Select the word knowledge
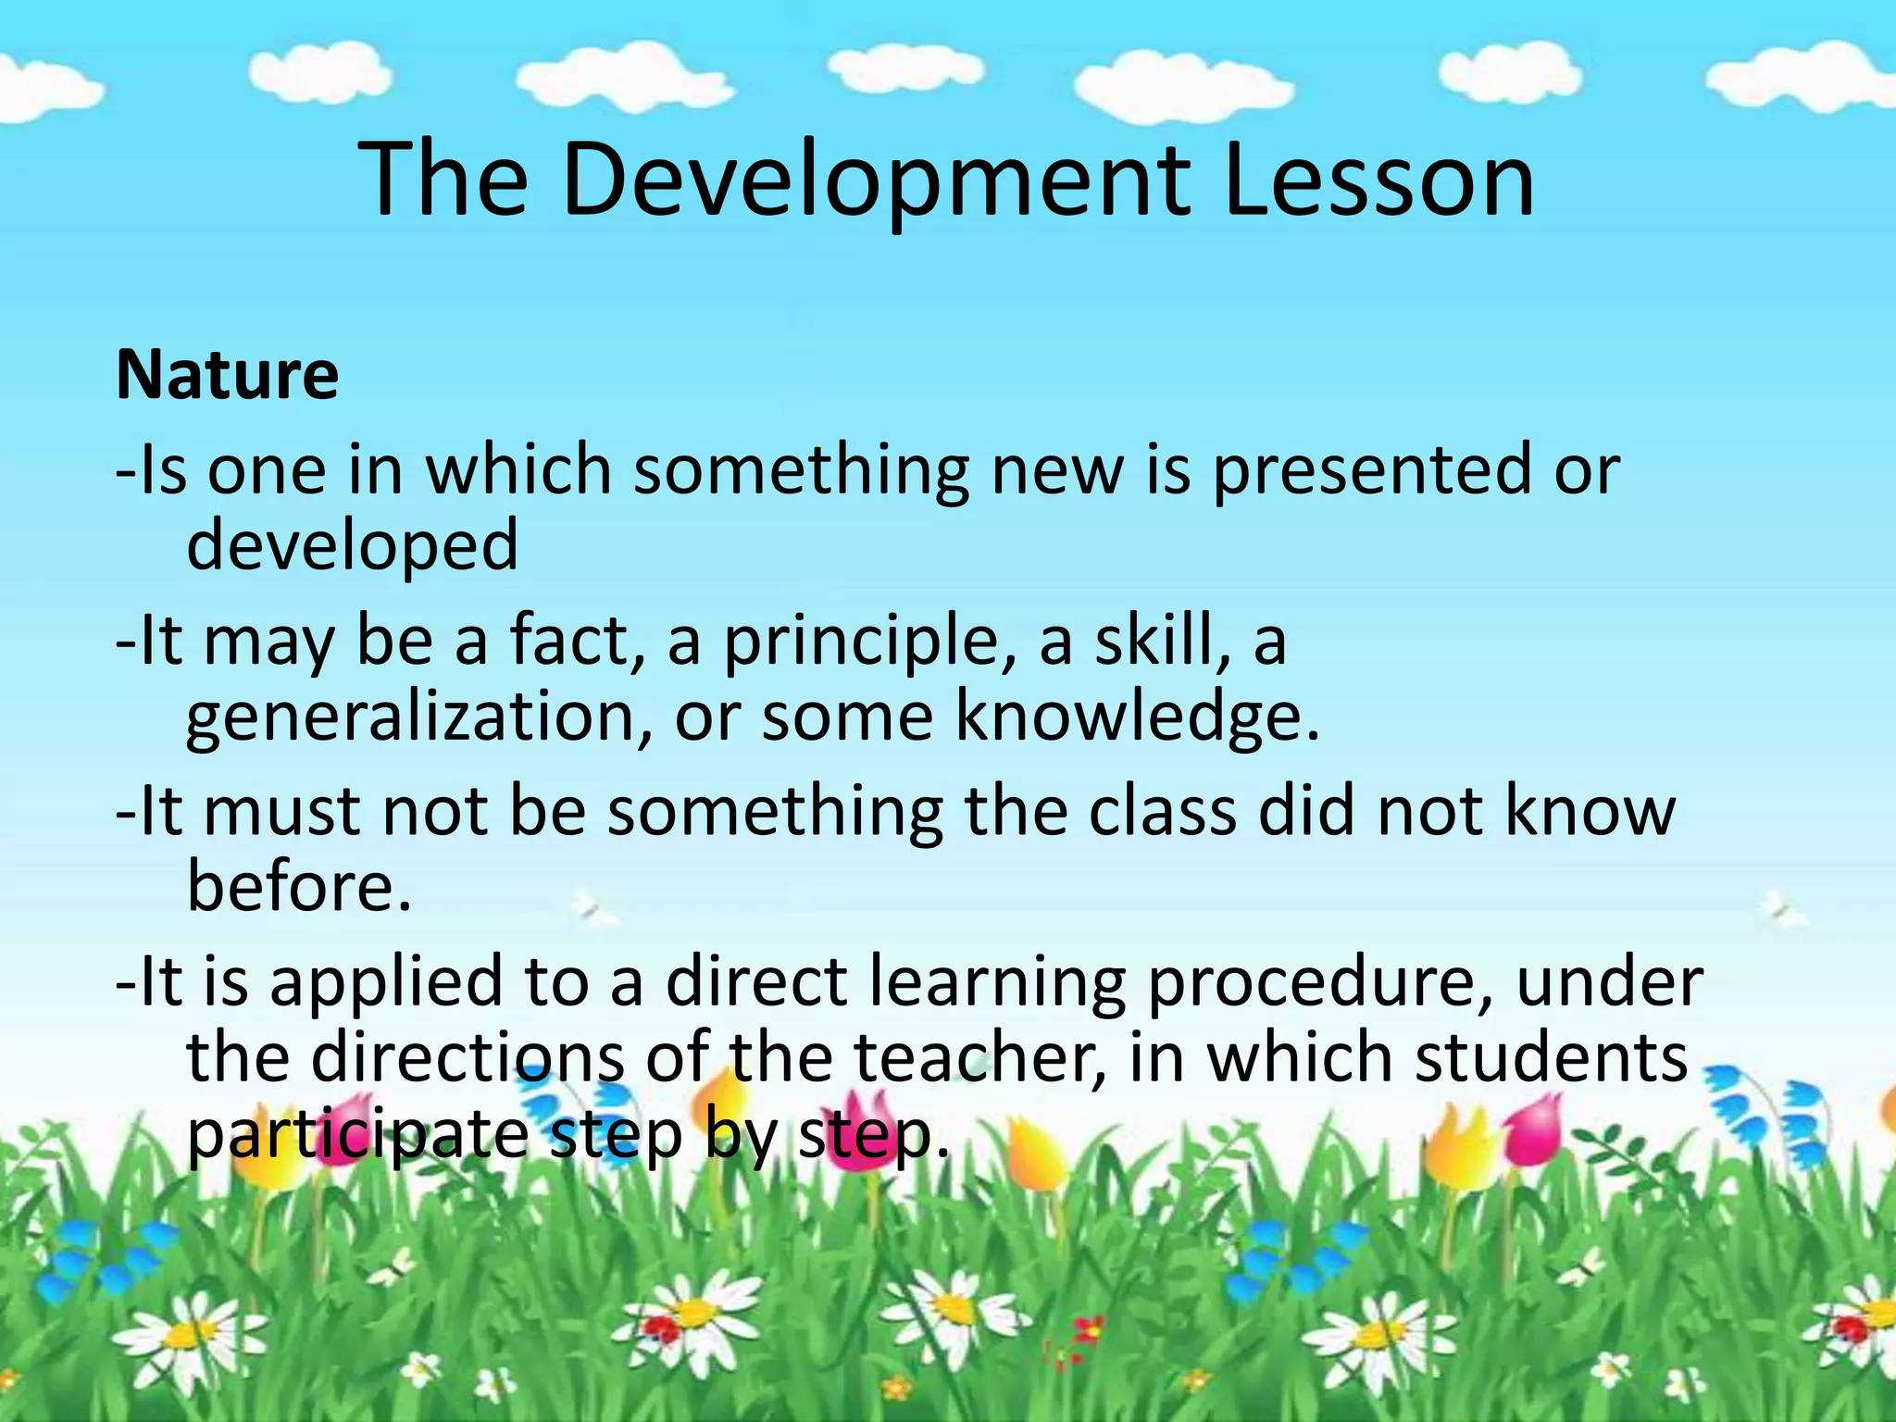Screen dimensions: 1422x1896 coord(1137,718)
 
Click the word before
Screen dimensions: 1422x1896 coord(298,887)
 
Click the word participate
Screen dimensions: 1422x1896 coord(357,1137)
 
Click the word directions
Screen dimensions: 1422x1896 coord(468,1058)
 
